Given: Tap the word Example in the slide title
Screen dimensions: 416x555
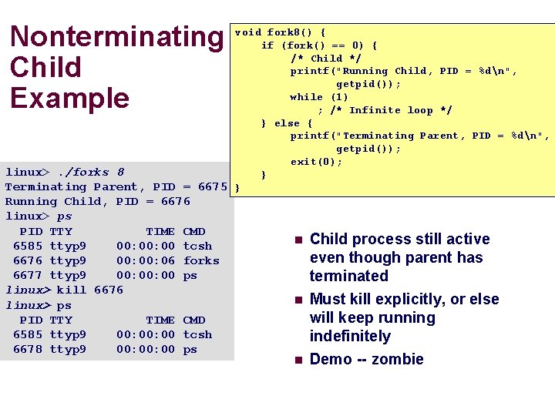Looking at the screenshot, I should pyautogui.click(x=69, y=98).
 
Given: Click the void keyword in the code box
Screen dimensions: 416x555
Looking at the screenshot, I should pyautogui.click(x=248, y=32).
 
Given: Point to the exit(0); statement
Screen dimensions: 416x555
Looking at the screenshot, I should pyautogui.click(x=316, y=162).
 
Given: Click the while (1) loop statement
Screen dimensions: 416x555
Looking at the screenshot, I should pyautogui.click(x=319, y=97).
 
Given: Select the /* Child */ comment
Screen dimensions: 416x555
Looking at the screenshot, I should pyautogui.click(x=326, y=58).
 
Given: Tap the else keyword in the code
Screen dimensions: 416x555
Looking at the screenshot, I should pyautogui.click(x=287, y=123).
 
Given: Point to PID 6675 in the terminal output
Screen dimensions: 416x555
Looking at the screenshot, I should pyautogui.click(x=213, y=186).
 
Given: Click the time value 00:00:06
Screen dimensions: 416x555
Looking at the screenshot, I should pyautogui.click(x=146, y=260).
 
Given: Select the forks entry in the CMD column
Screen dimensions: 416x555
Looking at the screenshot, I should pyautogui.click(x=201, y=260).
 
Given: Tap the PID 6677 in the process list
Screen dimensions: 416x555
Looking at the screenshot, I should pyautogui.click(x=28, y=275).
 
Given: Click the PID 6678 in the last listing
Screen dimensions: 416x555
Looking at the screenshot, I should pyautogui.click(x=28, y=349).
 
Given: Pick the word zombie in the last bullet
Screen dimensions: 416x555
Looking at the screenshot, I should pyautogui.click(x=397, y=359).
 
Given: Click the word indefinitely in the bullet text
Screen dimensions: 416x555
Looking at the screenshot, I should pyautogui.click(x=350, y=336).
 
